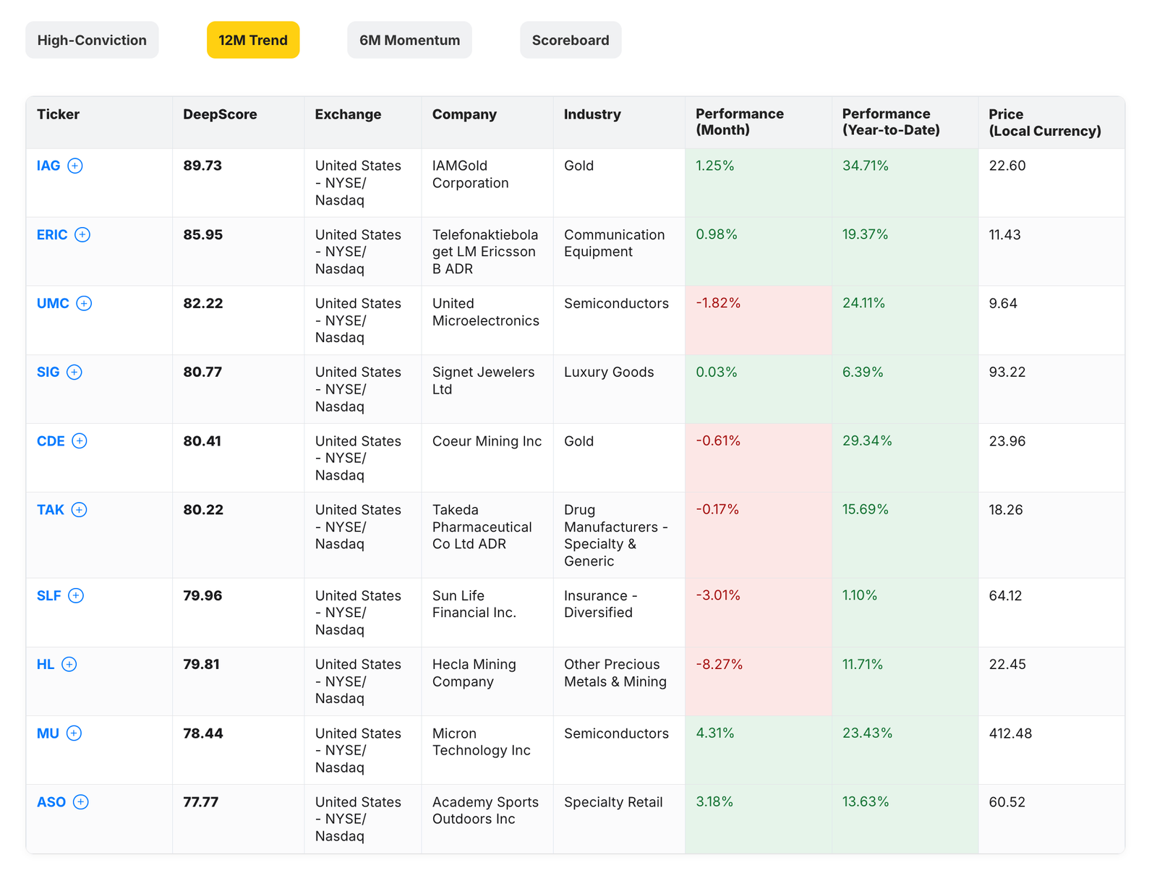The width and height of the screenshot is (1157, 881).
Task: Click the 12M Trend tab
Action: [x=253, y=41]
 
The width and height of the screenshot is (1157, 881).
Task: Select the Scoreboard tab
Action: [x=570, y=41]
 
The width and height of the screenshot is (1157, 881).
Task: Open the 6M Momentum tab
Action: [x=409, y=41]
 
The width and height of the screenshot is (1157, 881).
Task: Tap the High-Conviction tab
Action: [x=92, y=41]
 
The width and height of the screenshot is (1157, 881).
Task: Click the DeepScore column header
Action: [x=220, y=114]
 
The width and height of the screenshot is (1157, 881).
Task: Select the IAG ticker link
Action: [x=48, y=166]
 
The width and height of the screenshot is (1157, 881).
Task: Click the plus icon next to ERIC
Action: [x=82, y=234]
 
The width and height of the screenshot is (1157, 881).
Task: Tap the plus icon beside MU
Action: [x=74, y=733]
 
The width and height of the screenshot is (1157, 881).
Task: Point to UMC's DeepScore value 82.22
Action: [x=203, y=303]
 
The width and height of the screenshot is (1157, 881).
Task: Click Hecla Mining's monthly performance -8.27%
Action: [x=719, y=664]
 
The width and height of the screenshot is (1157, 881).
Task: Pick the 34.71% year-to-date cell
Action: [x=865, y=166]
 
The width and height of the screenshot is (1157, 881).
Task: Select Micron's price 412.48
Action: [x=1010, y=733]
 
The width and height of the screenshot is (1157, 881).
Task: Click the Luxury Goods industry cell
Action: [x=608, y=372]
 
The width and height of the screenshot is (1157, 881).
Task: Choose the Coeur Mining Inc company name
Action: [x=487, y=441]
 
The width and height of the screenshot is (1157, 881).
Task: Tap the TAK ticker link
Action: [x=51, y=510]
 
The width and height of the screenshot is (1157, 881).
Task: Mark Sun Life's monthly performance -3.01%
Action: [x=717, y=595]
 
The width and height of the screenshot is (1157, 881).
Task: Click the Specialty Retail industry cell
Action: [x=612, y=802]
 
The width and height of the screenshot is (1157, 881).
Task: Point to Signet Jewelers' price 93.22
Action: [x=1007, y=372]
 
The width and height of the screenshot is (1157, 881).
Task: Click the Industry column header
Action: [x=592, y=114]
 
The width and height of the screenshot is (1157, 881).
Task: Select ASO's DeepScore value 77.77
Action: [x=200, y=802]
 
